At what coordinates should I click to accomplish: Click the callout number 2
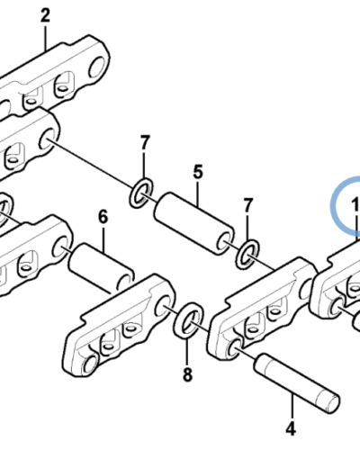(x=45, y=15)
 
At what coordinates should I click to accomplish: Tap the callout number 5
(x=198, y=173)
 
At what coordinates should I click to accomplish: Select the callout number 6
(x=103, y=217)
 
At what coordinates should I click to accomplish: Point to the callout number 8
(x=187, y=374)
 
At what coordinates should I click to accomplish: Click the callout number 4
(x=291, y=428)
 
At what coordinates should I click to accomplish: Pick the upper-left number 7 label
(x=145, y=143)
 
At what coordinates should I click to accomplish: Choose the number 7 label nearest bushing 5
(x=247, y=205)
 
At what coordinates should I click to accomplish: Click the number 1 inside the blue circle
(x=355, y=204)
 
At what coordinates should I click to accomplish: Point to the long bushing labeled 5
(x=193, y=224)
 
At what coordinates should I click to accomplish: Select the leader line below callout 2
(x=46, y=38)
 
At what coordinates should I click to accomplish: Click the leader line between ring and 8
(x=187, y=350)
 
